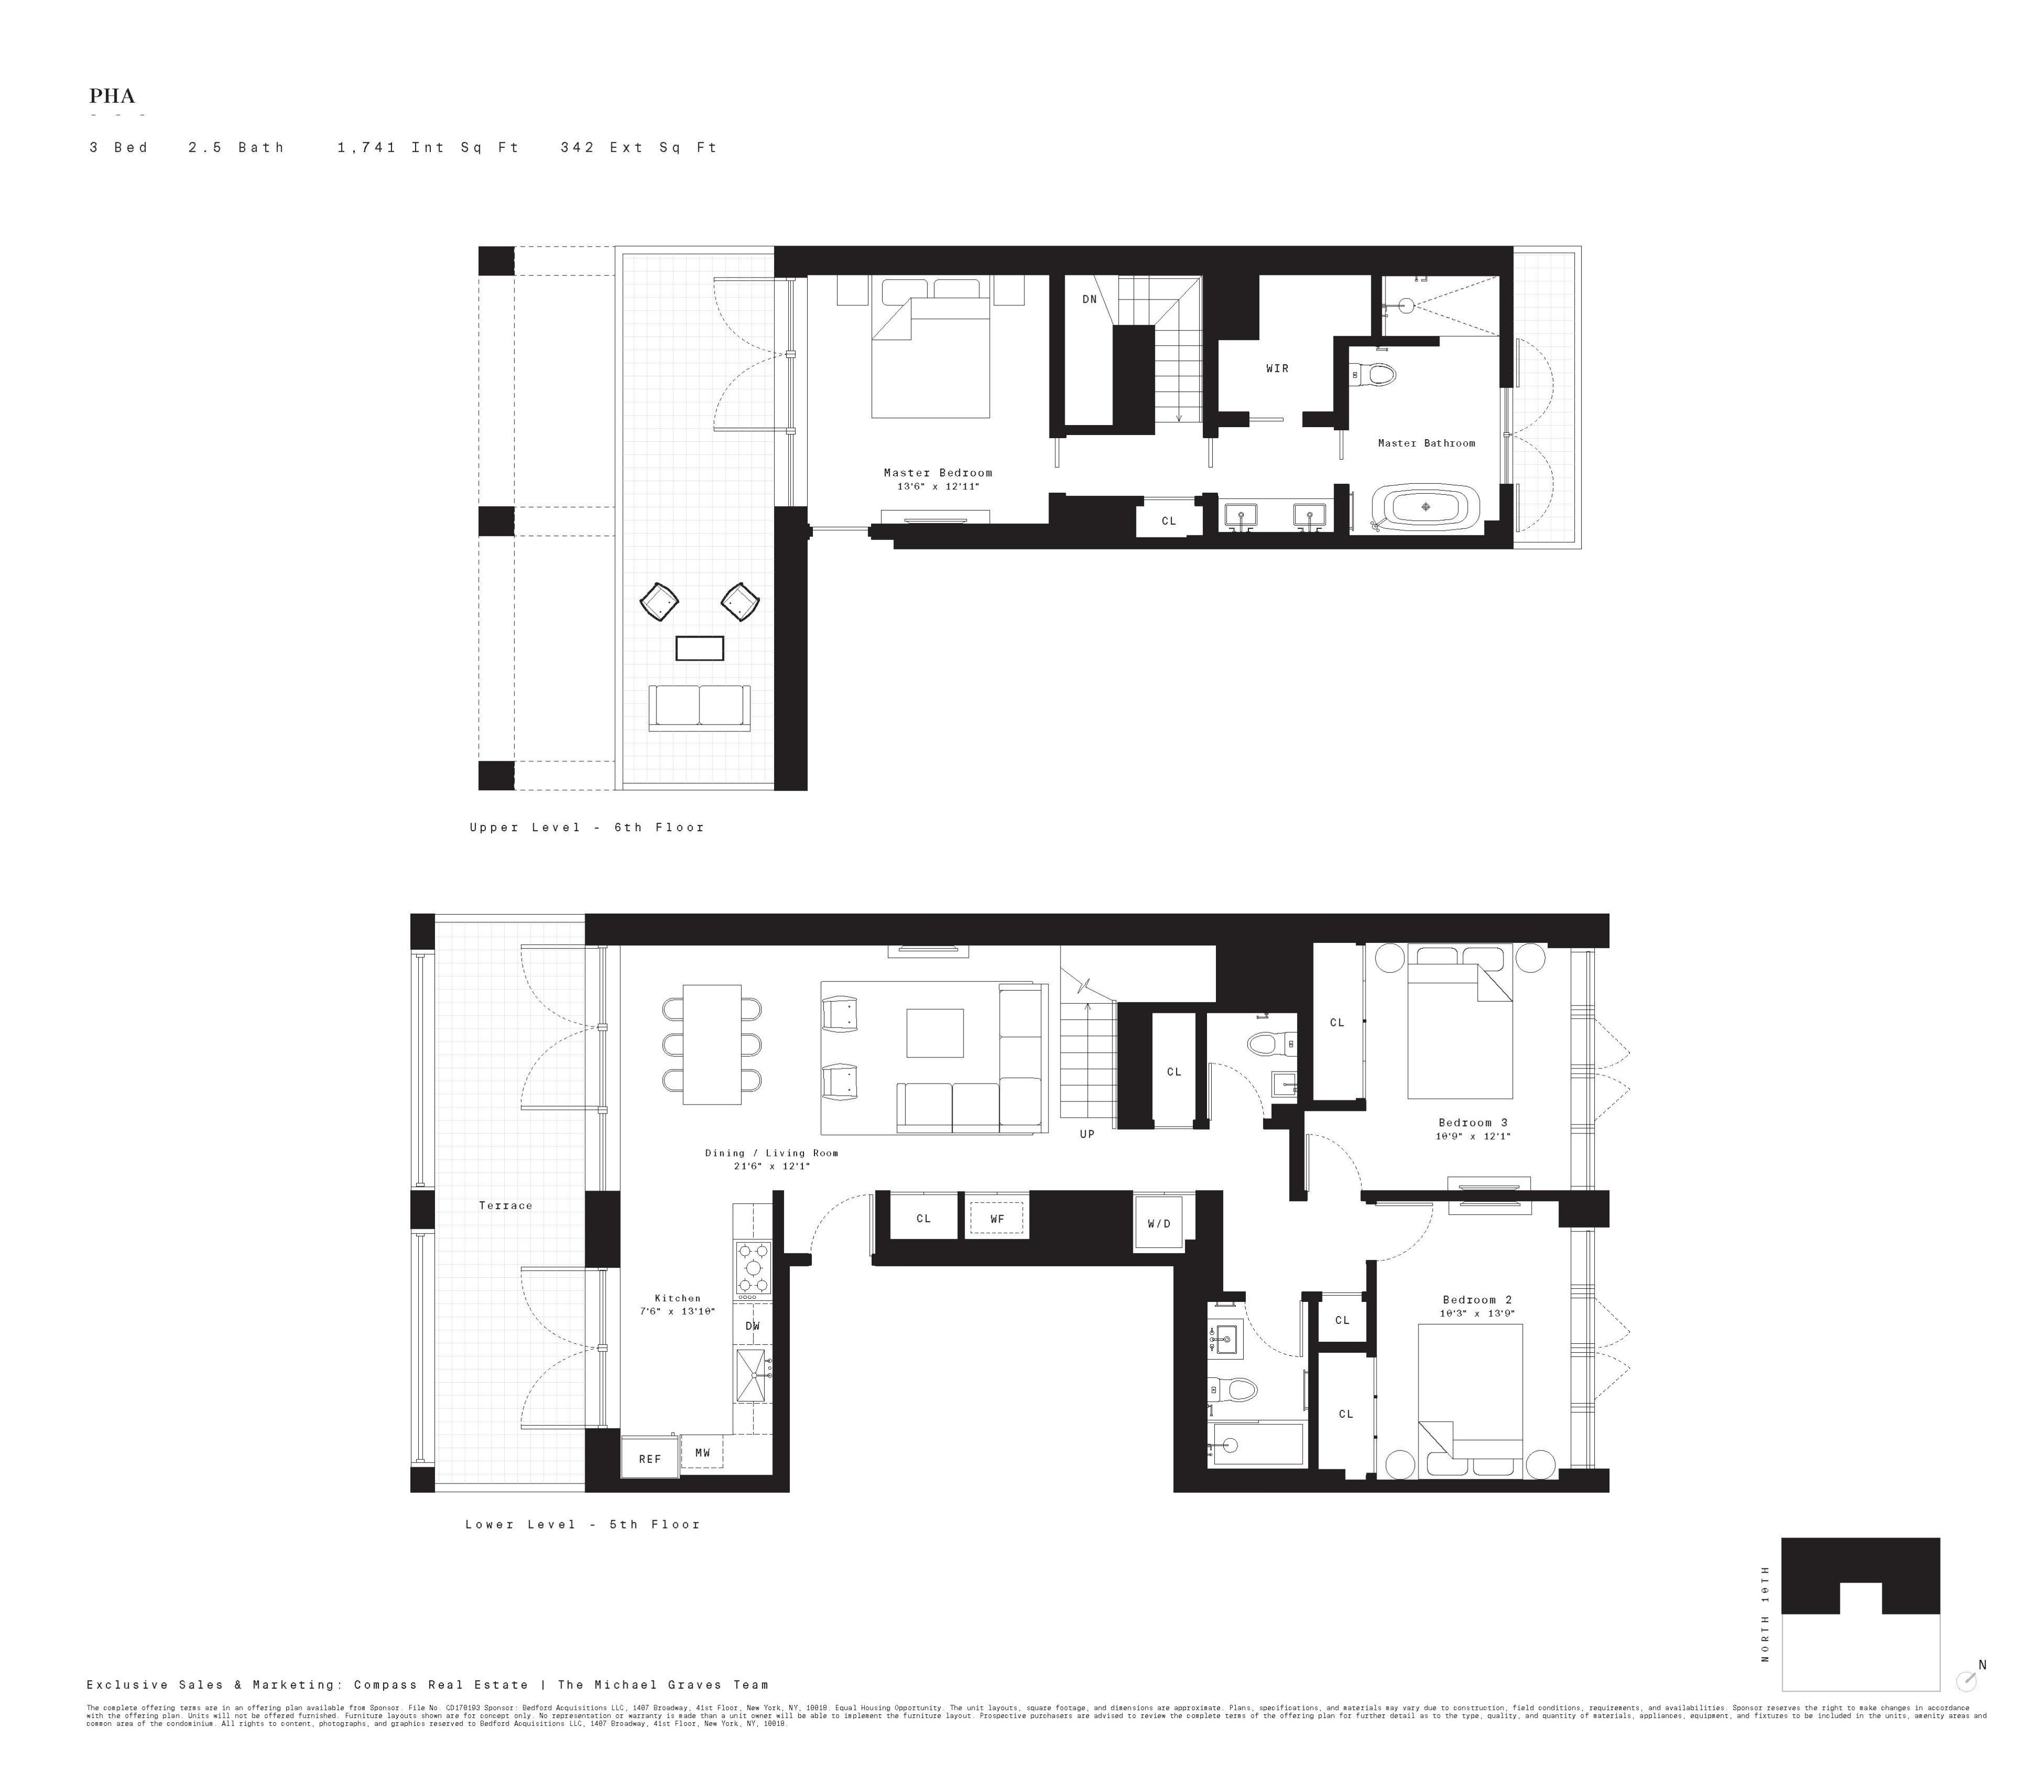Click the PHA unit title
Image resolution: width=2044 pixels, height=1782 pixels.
[111, 97]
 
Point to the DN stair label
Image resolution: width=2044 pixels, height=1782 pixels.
[1089, 299]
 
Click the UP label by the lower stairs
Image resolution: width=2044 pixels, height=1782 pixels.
[1087, 1133]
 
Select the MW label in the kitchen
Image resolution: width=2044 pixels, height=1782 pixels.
[702, 1453]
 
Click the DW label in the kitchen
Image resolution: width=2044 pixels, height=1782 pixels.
[752, 1325]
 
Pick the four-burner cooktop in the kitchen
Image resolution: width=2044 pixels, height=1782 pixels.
[753, 1268]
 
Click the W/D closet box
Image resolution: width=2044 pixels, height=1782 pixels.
[1159, 1223]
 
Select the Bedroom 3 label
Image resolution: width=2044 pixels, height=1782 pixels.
[1473, 1123]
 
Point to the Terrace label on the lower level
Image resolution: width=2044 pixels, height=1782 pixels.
[505, 1205]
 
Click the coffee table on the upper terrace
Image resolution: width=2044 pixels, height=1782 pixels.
[699, 649]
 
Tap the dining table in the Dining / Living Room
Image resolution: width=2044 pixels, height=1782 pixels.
[711, 1044]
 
